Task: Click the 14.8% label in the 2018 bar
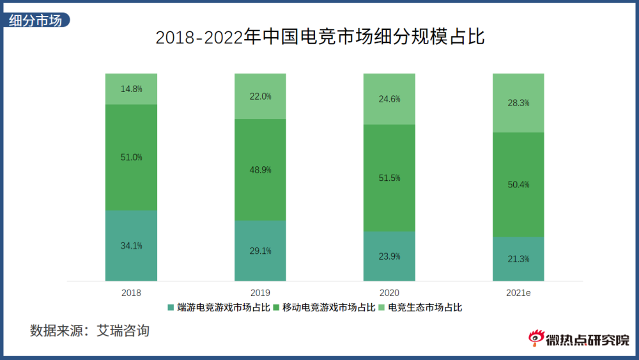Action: point(131,89)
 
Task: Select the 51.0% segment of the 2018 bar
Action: point(131,157)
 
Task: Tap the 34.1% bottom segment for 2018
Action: point(131,246)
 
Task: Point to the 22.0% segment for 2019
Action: point(260,97)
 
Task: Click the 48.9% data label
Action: point(260,170)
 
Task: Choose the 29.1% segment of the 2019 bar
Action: point(260,251)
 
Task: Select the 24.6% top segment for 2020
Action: point(389,99)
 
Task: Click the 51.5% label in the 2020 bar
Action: point(389,178)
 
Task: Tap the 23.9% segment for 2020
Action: point(389,256)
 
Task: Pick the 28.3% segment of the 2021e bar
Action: point(518,103)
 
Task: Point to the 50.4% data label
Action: point(518,185)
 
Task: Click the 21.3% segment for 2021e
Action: point(518,259)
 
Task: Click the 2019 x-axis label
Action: point(260,293)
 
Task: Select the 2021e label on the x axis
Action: point(518,293)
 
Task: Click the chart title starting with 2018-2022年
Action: point(320,37)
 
